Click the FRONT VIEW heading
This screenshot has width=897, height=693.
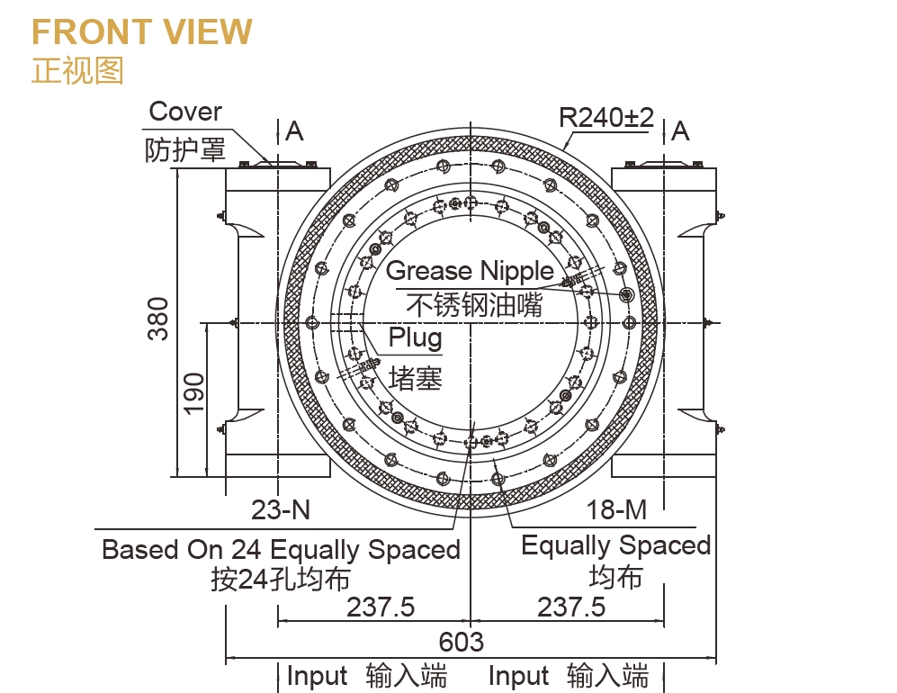pyautogui.click(x=142, y=31)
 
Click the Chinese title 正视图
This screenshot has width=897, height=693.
pyautogui.click(x=77, y=70)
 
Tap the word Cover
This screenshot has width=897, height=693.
pyautogui.click(x=185, y=112)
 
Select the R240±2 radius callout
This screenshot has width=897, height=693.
pyautogui.click(x=606, y=118)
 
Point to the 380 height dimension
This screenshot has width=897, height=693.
pyautogui.click(x=158, y=319)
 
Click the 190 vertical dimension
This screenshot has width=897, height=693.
pyautogui.click(x=193, y=392)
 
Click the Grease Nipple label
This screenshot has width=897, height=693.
pyautogui.click(x=471, y=271)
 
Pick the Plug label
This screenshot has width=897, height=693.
pyautogui.click(x=416, y=337)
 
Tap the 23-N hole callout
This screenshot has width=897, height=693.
pyautogui.click(x=281, y=509)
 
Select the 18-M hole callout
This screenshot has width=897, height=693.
pyautogui.click(x=617, y=509)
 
